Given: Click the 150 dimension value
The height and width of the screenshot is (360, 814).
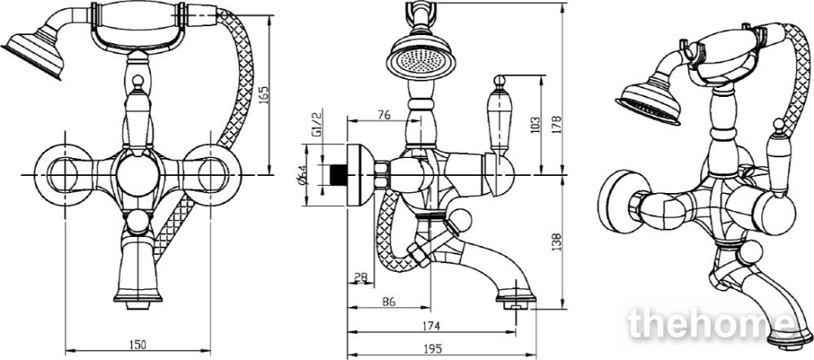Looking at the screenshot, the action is point(138,344).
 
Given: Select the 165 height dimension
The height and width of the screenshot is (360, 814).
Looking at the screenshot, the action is point(264,97).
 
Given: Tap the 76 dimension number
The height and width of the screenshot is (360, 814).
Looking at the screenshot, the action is point(383,115).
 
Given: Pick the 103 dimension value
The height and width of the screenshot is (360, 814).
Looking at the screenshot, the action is point(536,124).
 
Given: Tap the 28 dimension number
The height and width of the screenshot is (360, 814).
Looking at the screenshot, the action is point(361,277).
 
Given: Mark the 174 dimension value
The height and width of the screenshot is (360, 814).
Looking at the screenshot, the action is point(431,326).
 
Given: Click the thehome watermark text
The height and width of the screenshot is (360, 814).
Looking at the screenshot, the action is point(711,323).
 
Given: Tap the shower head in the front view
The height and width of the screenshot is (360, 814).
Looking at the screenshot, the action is point(33,54).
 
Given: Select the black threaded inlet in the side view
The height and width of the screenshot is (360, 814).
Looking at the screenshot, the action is point(339,174).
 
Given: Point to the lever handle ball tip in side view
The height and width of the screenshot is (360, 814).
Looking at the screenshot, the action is point(498,81).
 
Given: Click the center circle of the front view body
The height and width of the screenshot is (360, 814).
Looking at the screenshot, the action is point(138,176).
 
